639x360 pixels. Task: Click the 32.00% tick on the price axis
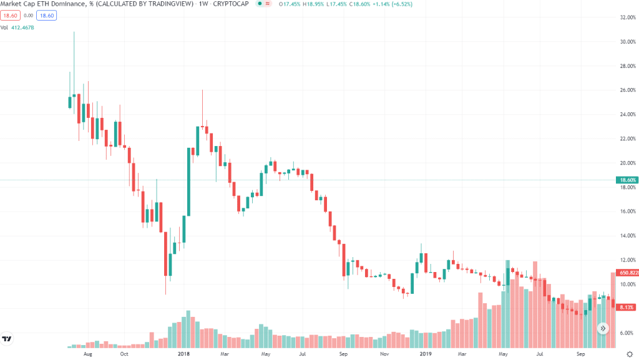pos(627,17)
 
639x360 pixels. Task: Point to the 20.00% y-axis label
pos(627,163)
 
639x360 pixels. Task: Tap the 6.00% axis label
pos(627,333)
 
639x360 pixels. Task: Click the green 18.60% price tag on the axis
pos(627,180)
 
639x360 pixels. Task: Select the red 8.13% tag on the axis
pos(627,308)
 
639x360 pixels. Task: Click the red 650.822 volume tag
pos(627,273)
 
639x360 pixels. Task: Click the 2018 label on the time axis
pos(183,354)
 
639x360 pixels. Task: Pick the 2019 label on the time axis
pos(426,354)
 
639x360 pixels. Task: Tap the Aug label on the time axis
pos(87,354)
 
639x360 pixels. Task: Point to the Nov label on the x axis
pos(384,354)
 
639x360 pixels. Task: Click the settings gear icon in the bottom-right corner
pos(629,354)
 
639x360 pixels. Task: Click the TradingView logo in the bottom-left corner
pos(7,339)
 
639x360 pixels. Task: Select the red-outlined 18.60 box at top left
pos(10,16)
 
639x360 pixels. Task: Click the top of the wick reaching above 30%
pos(74,32)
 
